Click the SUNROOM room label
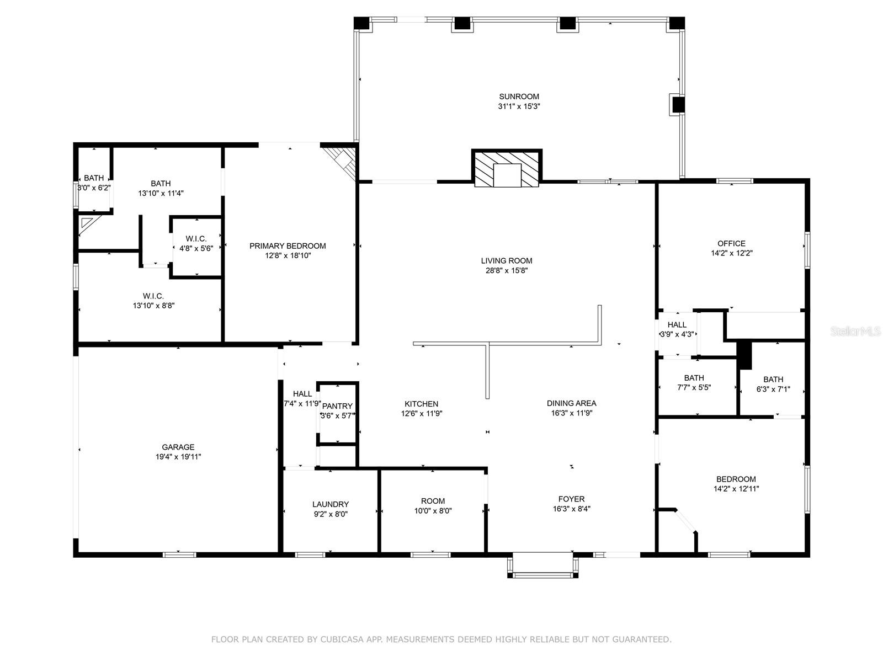519,97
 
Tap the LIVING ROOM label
507,260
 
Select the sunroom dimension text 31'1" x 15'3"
519,106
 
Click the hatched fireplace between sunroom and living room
507,168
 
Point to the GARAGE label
178,446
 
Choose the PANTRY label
337,406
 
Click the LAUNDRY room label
331,504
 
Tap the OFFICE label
731,243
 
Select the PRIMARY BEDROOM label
288,245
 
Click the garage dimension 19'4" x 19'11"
178,457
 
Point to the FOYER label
571,499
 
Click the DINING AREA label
571,403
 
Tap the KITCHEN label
422,404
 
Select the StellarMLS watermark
855,332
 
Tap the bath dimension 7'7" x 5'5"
694,387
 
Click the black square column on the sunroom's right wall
678,105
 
